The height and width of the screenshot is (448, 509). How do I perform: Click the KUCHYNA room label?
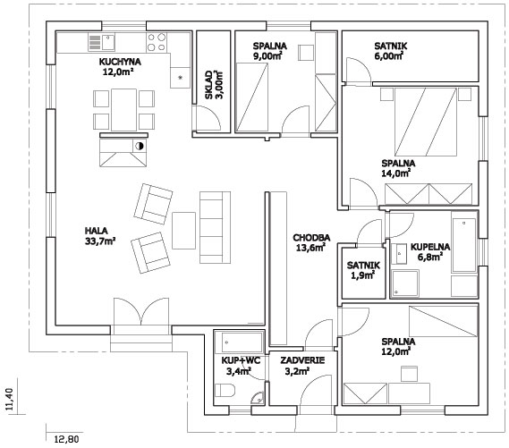click(x=120, y=62)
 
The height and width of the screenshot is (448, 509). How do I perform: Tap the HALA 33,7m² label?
click(x=100, y=236)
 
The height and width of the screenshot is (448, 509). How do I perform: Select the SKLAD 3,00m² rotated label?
click(x=214, y=85)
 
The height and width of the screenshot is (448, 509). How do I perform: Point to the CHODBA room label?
click(x=311, y=238)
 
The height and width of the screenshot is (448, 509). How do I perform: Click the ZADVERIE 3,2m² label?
click(x=302, y=366)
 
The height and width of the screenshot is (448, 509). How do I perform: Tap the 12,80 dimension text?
click(x=66, y=440)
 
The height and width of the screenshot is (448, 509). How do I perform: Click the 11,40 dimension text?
click(x=11, y=400)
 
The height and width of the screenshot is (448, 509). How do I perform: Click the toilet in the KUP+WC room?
click(x=225, y=390)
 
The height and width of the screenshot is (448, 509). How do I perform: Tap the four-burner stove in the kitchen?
click(x=157, y=42)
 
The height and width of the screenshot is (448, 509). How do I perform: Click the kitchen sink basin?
click(x=108, y=42)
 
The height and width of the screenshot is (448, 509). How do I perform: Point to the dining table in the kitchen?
click(x=123, y=110)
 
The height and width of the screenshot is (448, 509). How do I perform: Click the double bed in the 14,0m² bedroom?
click(x=426, y=122)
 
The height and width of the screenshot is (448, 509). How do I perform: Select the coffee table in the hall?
click(x=183, y=231)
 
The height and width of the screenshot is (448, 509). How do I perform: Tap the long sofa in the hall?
click(x=215, y=227)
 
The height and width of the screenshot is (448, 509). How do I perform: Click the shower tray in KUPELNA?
click(x=405, y=283)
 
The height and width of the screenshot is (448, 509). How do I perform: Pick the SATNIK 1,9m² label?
click(x=363, y=270)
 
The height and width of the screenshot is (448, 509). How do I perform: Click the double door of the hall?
click(x=141, y=312)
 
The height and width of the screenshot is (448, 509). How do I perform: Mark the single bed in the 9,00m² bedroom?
click(x=252, y=97)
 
